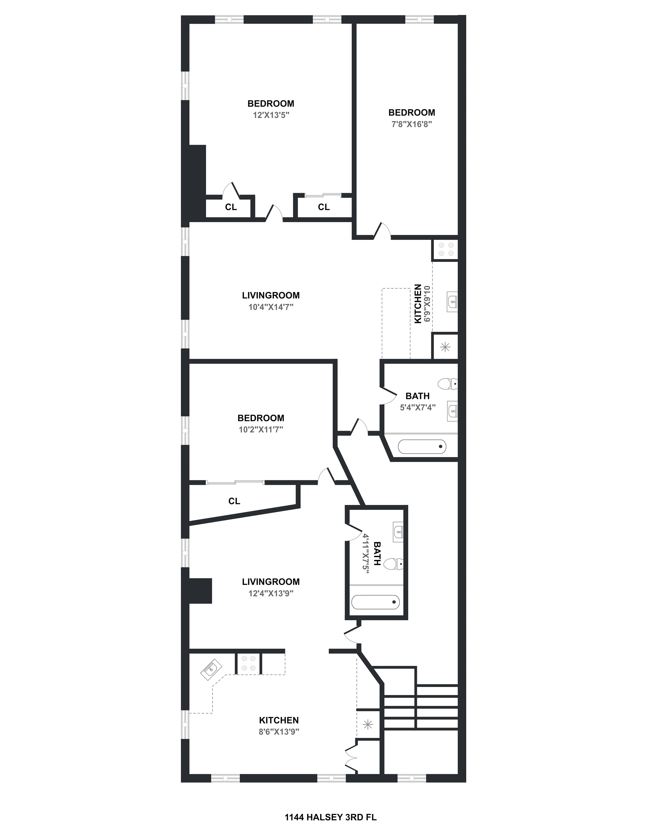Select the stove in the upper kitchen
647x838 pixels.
[445, 249]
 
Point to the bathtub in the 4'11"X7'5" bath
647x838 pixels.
[376, 602]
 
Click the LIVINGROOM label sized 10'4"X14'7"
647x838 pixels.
[271, 295]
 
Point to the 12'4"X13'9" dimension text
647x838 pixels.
[271, 593]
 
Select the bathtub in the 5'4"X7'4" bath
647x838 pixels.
[422, 447]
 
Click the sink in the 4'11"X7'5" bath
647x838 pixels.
[399, 532]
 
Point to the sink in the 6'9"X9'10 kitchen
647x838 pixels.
[453, 302]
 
